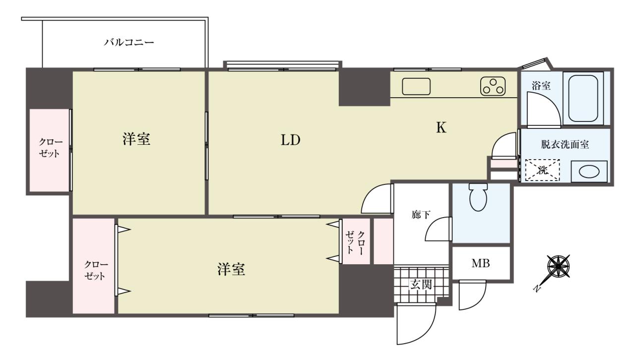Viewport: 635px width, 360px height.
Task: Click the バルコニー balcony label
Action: tap(128, 43)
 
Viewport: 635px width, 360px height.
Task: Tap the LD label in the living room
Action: tap(291, 140)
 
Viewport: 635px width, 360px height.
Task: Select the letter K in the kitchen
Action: tap(441, 127)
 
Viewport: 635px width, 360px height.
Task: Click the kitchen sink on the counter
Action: tap(416, 86)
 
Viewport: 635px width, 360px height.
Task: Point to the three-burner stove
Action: tap(493, 86)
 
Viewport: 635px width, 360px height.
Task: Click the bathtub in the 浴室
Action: tap(583, 98)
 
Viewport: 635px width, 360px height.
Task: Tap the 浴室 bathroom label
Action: tap(541, 86)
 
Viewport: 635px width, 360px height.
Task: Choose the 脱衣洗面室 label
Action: tap(565, 145)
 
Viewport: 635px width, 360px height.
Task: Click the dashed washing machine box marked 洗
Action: tap(543, 170)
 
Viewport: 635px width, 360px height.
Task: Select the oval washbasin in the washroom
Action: tap(589, 172)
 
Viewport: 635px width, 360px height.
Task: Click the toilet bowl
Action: tap(478, 197)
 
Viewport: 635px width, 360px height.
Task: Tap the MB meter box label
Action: tap(481, 263)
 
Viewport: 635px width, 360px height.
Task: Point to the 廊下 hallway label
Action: tap(421, 215)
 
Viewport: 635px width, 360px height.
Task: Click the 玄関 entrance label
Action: tap(421, 284)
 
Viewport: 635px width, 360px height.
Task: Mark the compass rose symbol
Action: tap(559, 266)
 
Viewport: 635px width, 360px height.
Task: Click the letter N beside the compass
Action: tap(536, 289)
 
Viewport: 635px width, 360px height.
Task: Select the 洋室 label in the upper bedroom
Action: tap(136, 139)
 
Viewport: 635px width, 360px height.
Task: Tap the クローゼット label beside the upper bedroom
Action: tap(49, 148)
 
